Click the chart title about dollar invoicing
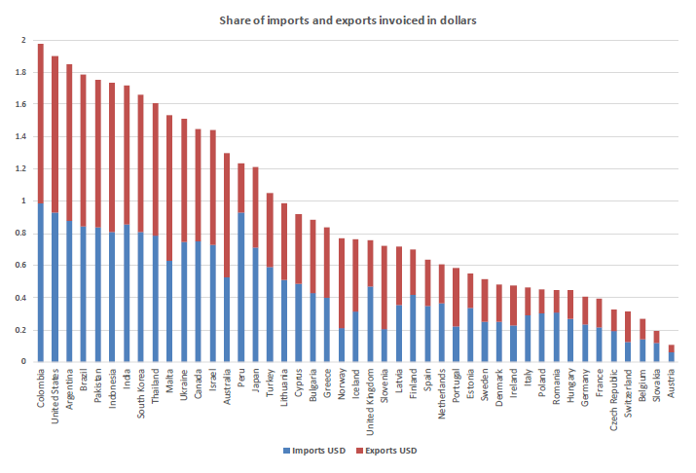tap(348, 20)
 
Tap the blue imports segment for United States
tap(55, 287)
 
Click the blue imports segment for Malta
tap(169, 310)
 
